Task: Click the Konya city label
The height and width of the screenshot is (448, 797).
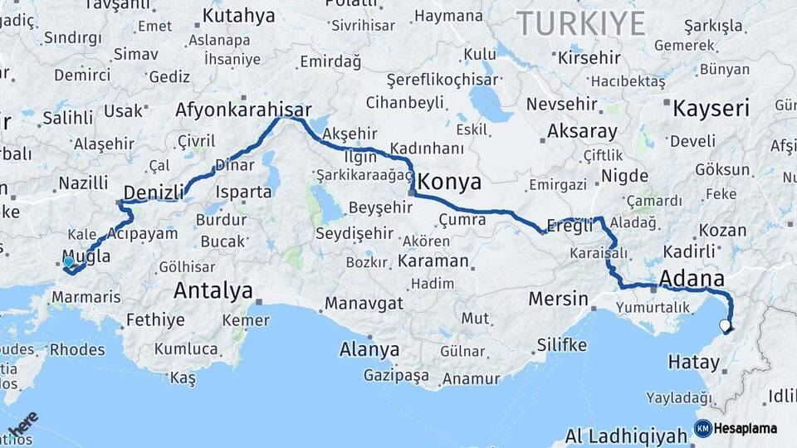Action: point(449,181)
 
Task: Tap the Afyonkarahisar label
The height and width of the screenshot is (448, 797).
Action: point(243,110)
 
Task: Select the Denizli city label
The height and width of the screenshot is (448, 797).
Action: point(154,192)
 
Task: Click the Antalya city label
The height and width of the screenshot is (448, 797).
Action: point(213,290)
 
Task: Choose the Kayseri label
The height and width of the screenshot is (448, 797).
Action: point(711,109)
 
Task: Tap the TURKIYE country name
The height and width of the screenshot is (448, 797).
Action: point(581,23)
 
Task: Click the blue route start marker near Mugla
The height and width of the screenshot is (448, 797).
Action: point(68,261)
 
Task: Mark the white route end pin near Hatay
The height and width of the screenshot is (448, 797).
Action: point(726,325)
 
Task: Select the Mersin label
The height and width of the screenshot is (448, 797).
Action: point(558,299)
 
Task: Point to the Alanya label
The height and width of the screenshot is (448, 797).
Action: point(369,349)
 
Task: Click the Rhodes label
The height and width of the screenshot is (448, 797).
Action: point(77,349)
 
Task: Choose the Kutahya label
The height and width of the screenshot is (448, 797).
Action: point(238,15)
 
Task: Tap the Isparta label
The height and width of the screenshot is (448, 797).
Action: point(243,192)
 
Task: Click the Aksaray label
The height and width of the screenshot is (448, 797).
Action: point(582,132)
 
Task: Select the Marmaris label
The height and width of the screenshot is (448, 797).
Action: point(86,297)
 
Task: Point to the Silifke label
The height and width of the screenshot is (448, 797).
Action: point(561,344)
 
